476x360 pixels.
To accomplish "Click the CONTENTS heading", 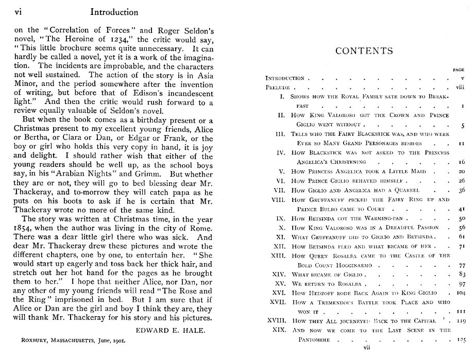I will pyautogui.click(x=364, y=51).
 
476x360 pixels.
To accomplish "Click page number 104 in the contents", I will pyautogui.click(x=460, y=293).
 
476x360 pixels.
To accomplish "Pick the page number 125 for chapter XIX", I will pyautogui.click(x=460, y=340).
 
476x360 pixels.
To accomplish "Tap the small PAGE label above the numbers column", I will pyautogui.click(x=458, y=70).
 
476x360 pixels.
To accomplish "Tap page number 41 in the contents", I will pyautogui.click(x=461, y=209).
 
